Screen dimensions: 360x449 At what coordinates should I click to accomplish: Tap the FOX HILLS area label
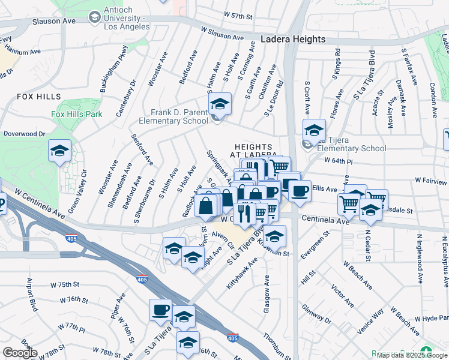coord(39,97)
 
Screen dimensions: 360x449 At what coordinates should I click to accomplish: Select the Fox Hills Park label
coord(77,114)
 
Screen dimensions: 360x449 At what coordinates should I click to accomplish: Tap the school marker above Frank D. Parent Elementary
coord(220,104)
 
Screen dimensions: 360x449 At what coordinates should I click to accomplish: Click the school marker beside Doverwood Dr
coord(59,152)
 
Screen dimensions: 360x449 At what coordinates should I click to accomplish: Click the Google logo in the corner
coord(20,353)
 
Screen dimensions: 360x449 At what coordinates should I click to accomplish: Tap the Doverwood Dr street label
coord(24,134)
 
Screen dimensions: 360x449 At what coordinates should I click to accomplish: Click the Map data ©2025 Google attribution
coord(412,355)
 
